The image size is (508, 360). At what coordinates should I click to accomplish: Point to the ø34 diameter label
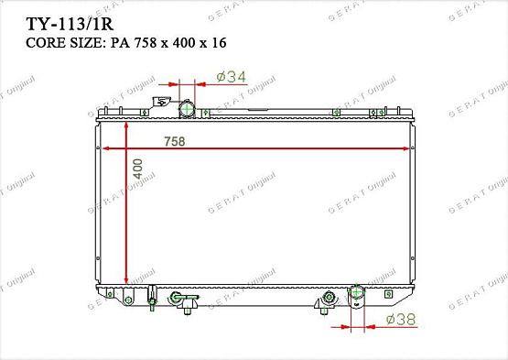[231, 77]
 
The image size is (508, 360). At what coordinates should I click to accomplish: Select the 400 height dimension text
[137, 171]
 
